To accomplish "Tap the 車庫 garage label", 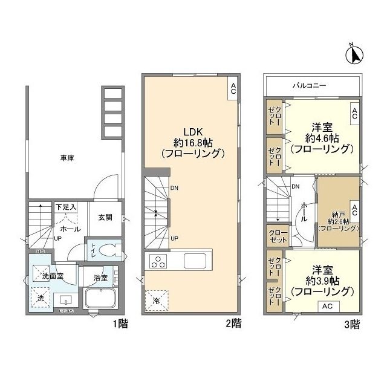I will coord(67,158).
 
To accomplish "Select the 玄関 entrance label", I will coord(106,218).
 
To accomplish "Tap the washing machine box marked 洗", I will coord(40,298).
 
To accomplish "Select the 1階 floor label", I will coord(120,324).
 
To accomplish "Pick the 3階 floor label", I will coord(353,324).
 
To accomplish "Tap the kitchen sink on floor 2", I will coord(196,262).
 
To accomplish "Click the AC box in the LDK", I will coord(233,89).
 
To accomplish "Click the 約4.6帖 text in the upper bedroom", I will coord(320,138).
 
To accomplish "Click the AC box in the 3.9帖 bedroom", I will coord(327,306).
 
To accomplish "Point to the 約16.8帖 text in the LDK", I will coord(187,143).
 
